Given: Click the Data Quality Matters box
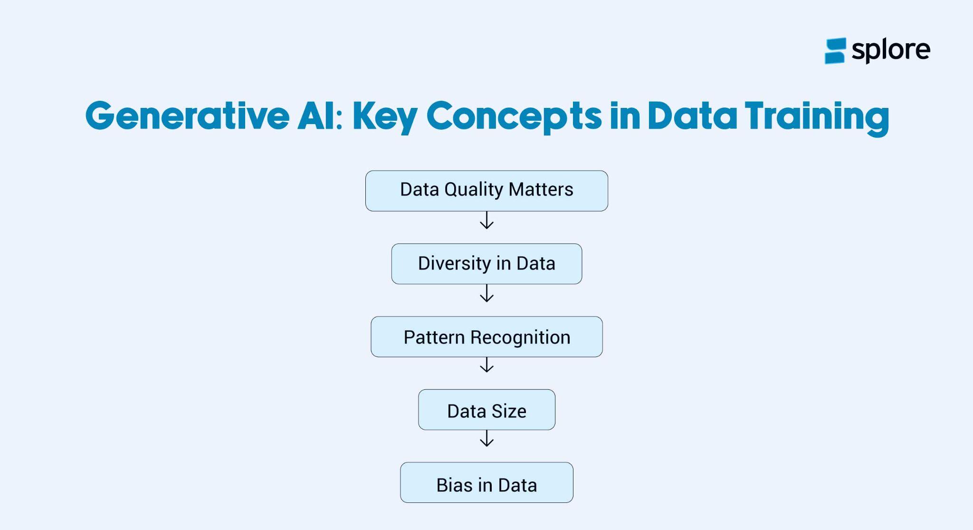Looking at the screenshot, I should [x=486, y=191].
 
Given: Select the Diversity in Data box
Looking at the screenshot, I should [x=486, y=264].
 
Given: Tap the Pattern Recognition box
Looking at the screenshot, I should [x=486, y=337].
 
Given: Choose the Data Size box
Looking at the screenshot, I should [x=486, y=410].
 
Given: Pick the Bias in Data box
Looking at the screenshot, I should [x=486, y=482].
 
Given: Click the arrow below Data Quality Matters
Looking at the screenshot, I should [x=486, y=221].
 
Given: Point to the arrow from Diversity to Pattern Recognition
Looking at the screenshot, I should [x=486, y=293].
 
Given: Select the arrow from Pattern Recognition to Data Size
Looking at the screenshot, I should [x=486, y=365].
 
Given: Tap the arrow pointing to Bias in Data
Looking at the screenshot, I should [x=486, y=438].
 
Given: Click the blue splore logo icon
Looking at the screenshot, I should [x=835, y=51].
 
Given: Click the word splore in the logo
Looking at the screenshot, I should [x=891, y=50].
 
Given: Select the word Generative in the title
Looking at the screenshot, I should [x=187, y=116].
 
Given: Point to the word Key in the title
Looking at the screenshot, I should [x=384, y=116].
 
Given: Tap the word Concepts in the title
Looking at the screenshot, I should [x=514, y=116].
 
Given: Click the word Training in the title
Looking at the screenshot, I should [x=816, y=116].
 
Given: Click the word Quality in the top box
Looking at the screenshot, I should [x=474, y=190].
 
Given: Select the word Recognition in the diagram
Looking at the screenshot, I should [x=520, y=337].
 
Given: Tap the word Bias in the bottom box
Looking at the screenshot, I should [x=455, y=485].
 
